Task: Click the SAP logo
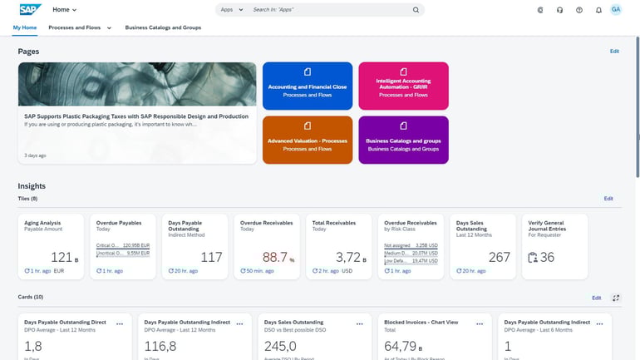(x=30, y=10)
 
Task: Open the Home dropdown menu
(x=65, y=10)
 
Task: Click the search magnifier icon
(x=416, y=10)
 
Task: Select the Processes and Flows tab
(x=75, y=27)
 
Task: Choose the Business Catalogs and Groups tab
(x=163, y=27)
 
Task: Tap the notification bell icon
(x=598, y=10)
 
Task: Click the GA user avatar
(x=616, y=10)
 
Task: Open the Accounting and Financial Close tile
(x=308, y=86)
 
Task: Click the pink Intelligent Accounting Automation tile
(x=403, y=86)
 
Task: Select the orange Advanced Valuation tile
(x=308, y=140)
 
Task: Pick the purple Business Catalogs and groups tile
(x=403, y=140)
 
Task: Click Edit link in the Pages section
(x=614, y=52)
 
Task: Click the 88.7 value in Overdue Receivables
(x=275, y=258)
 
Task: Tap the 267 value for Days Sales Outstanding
(x=499, y=258)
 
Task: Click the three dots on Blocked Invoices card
(x=479, y=323)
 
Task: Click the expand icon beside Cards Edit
(x=616, y=298)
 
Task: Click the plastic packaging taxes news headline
(x=136, y=116)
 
